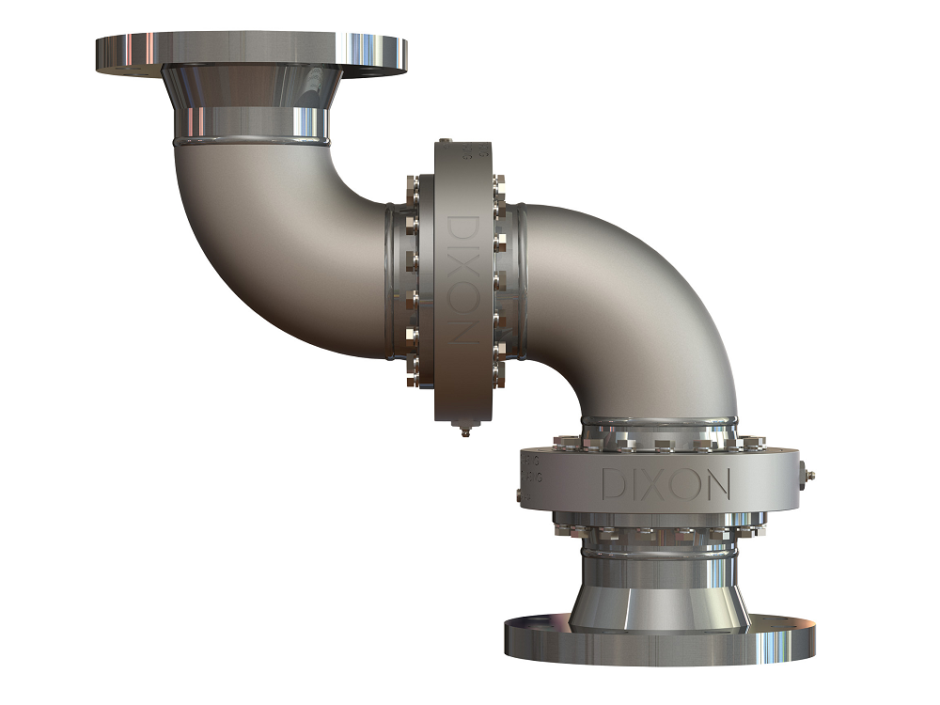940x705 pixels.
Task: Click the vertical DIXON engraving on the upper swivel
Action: point(462,278)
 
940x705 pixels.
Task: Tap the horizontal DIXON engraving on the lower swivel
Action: point(666,484)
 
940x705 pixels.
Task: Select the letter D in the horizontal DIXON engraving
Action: point(613,484)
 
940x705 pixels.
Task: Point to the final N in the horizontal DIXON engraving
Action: point(716,484)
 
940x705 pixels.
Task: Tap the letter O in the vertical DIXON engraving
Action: point(462,302)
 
